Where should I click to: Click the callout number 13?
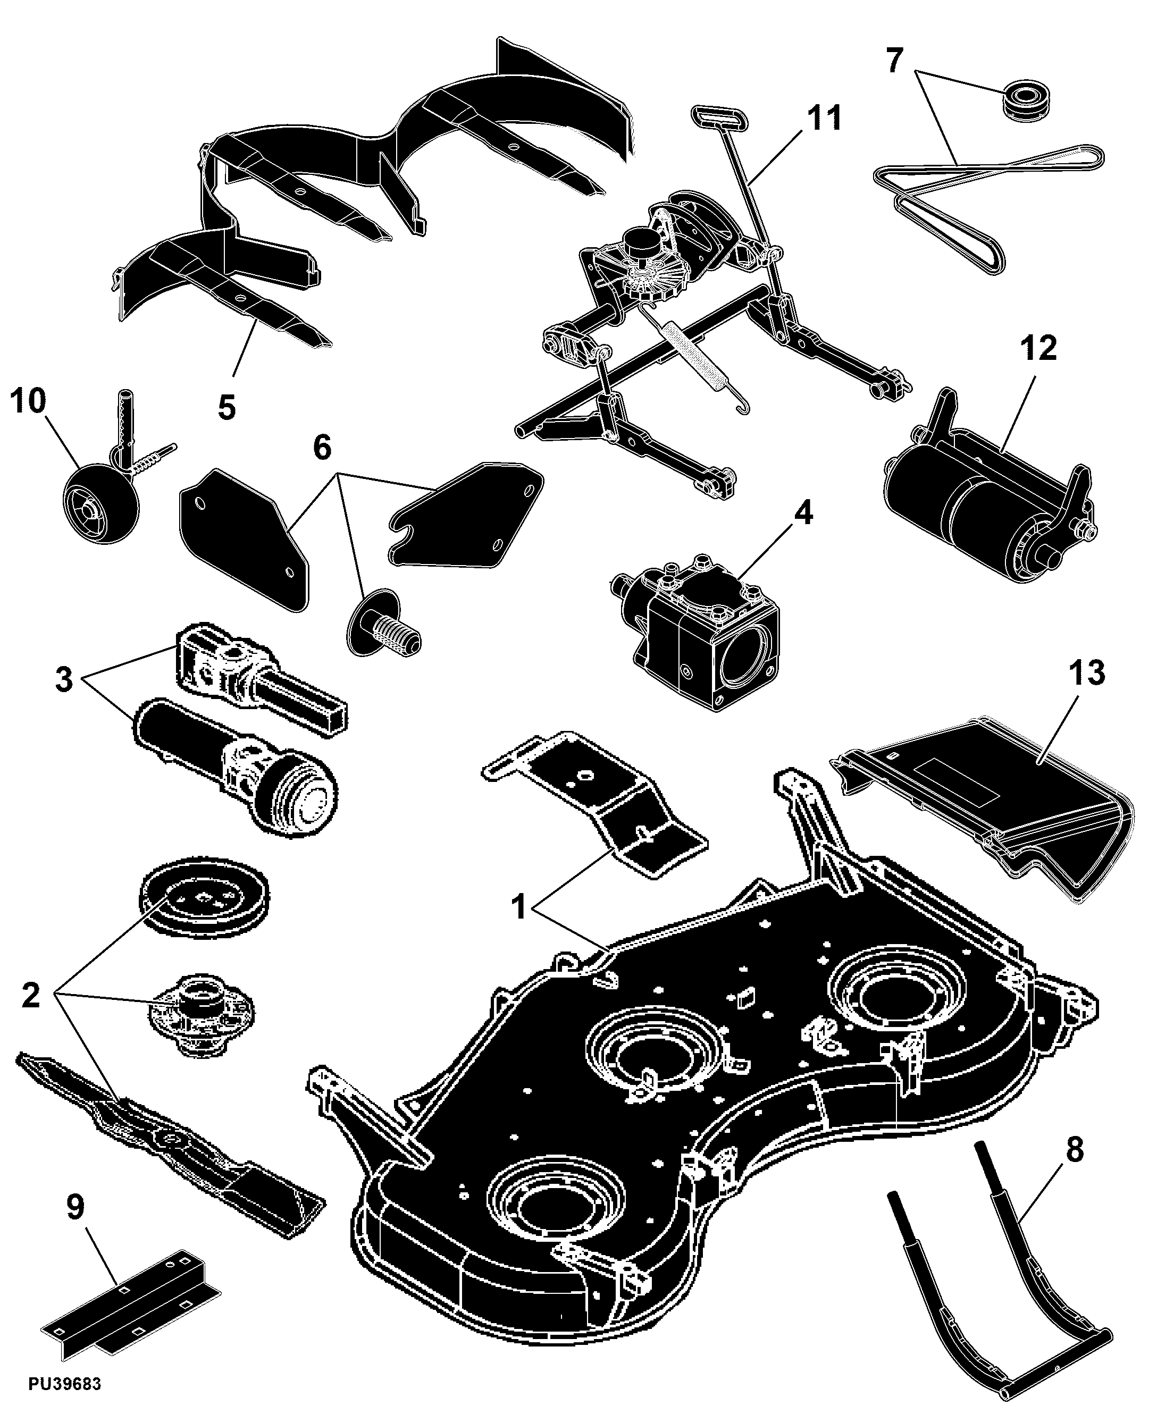(1086, 672)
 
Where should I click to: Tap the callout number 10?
(28, 401)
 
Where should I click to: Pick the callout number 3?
(64, 680)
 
